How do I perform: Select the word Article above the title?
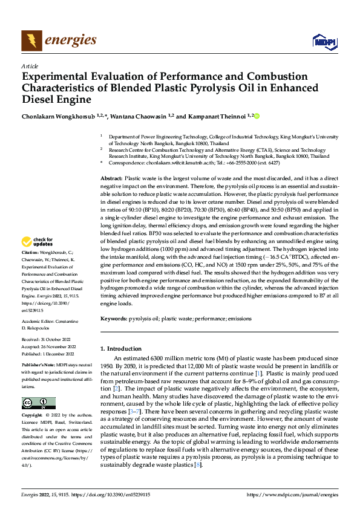tap(30, 66)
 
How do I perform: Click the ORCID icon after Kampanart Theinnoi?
tap(256, 115)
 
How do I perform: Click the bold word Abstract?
tap(111, 178)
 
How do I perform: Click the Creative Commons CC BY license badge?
tap(38, 403)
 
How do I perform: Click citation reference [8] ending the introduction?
tap(197, 464)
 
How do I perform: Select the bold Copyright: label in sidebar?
tap(33, 415)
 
